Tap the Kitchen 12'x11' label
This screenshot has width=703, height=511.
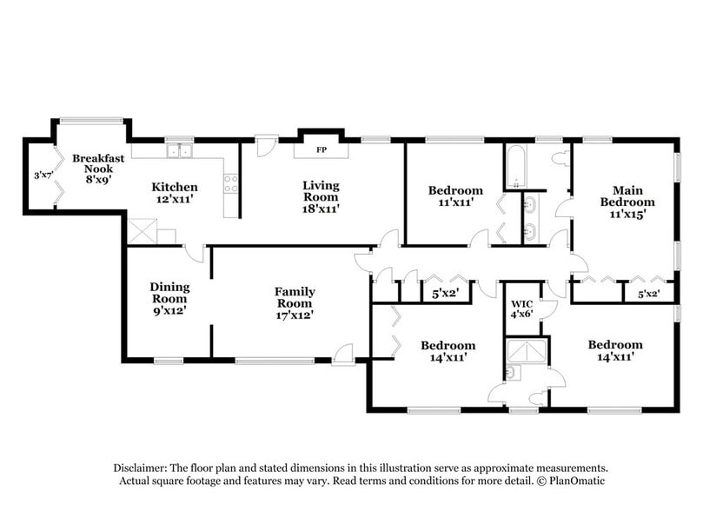[175, 193]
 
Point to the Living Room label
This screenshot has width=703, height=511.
[321, 196]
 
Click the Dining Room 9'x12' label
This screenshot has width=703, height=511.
[169, 298]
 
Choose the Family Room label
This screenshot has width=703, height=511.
[295, 302]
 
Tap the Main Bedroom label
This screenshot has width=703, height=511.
[633, 202]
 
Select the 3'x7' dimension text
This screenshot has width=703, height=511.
[41, 176]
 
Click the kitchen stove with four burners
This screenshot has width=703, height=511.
[231, 183]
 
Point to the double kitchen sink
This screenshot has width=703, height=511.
[180, 151]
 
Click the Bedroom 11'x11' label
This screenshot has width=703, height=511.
[454, 196]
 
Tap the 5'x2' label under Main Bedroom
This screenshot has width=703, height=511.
[647, 294]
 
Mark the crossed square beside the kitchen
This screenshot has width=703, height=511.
[142, 230]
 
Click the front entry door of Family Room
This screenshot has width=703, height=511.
[345, 355]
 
